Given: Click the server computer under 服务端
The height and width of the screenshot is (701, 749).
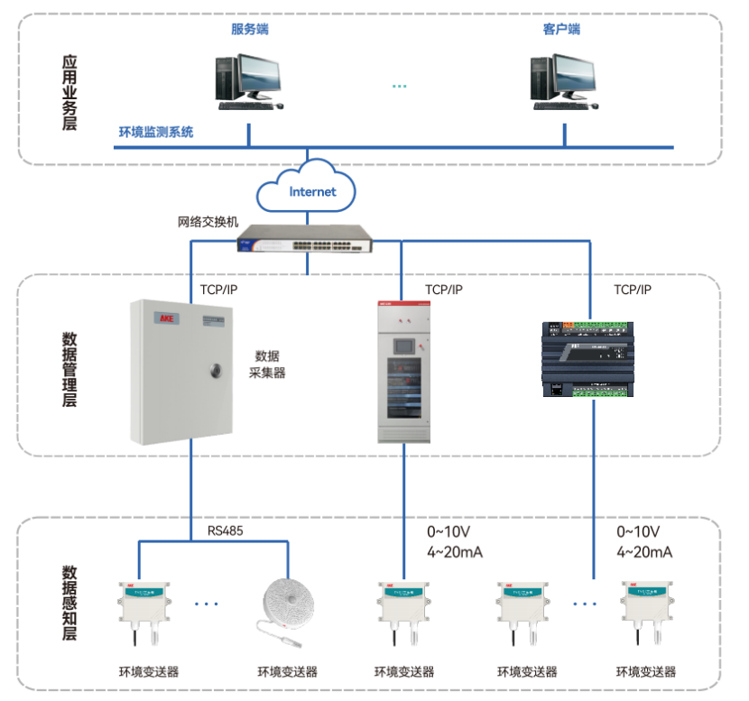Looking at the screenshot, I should pos(247,81).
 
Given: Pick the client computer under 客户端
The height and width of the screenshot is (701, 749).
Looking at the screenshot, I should pos(562,81).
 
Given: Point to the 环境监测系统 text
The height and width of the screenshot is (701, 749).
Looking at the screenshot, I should pos(156,133).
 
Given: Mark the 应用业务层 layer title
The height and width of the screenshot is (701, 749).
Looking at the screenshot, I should pos(69,93).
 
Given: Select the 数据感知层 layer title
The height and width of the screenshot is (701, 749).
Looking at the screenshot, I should pos(69,603).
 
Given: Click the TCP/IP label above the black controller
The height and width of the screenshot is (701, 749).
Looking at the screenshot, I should pos(632,290).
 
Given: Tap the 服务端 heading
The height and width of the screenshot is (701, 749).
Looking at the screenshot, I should pos(249,29).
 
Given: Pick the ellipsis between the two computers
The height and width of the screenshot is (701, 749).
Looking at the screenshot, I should pos(400,87).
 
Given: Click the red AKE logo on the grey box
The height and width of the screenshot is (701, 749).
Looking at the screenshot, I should pos(166,318).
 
